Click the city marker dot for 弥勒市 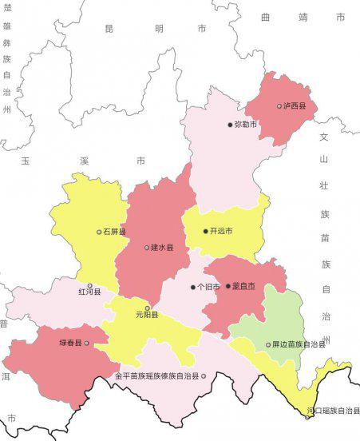[x=229, y=125]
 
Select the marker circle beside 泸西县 [x=279, y=105]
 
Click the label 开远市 [x=221, y=232]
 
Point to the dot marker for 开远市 [x=205, y=232]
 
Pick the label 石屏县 [x=115, y=232]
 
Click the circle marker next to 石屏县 [x=99, y=232]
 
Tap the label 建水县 [x=164, y=248]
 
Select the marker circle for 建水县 [x=147, y=248]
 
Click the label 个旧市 [x=208, y=287]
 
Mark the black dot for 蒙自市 [x=227, y=286]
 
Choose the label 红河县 [x=89, y=293]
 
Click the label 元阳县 [x=147, y=316]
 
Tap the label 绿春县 [x=70, y=344]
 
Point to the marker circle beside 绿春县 [x=87, y=344]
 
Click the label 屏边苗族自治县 [x=299, y=345]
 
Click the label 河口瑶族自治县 [x=332, y=411]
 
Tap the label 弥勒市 [x=245, y=125]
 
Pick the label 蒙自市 [x=243, y=286]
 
